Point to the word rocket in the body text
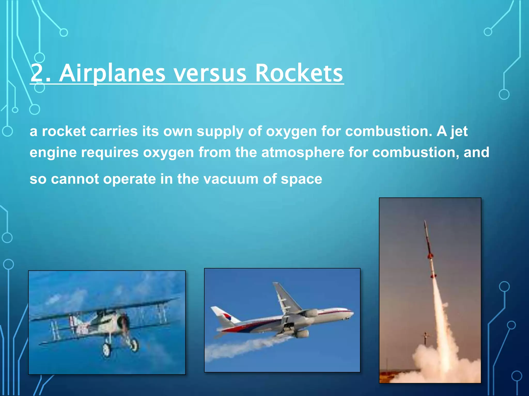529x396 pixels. coord(64,131)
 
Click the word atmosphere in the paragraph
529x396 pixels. coord(303,153)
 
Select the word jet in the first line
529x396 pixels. coord(459,131)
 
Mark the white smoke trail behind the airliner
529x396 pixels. coord(240,348)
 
